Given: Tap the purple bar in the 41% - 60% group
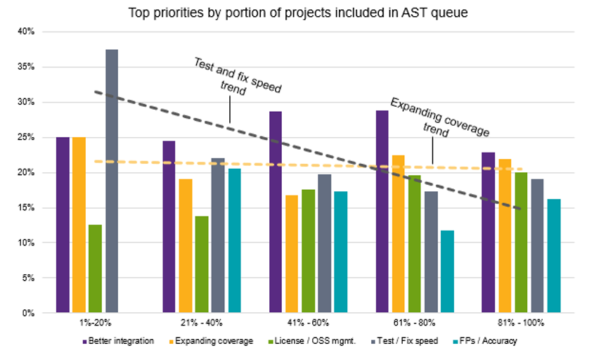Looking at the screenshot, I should [276, 212].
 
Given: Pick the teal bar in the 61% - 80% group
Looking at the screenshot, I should [447, 271].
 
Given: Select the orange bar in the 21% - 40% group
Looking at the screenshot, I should [186, 245].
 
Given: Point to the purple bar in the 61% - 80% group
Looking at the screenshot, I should [382, 212].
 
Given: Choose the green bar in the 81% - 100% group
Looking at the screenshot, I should [521, 243].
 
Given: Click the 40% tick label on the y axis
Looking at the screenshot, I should [25, 32].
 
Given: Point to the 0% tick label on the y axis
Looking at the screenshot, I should [27, 313].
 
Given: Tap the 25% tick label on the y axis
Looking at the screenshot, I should [25, 137].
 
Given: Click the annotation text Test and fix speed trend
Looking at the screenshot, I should [237, 77].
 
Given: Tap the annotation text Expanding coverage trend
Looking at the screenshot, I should [439, 117].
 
